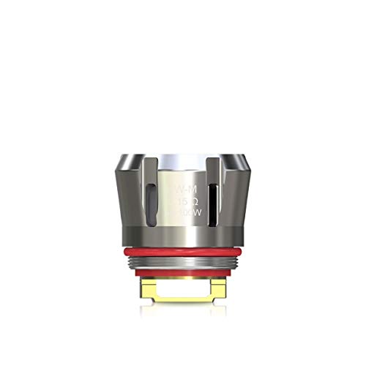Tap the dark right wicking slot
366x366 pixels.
[212, 200]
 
